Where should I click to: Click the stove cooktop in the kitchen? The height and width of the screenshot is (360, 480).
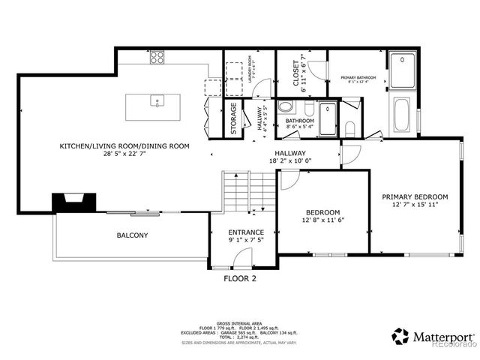coord(157,57)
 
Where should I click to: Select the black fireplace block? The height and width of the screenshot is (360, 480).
coord(72,200)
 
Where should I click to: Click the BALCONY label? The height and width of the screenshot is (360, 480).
coord(132,235)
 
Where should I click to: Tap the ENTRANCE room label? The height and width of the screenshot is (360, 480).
coord(246,232)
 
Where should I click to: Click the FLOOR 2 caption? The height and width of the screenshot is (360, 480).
coord(240,278)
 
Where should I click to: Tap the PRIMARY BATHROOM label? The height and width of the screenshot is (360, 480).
coord(358,77)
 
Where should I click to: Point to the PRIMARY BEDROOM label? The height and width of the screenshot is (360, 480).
coord(415,196)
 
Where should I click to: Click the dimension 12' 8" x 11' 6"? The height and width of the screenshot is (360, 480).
coord(323,220)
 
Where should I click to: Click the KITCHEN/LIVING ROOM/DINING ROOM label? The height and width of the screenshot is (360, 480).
coord(124,146)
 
